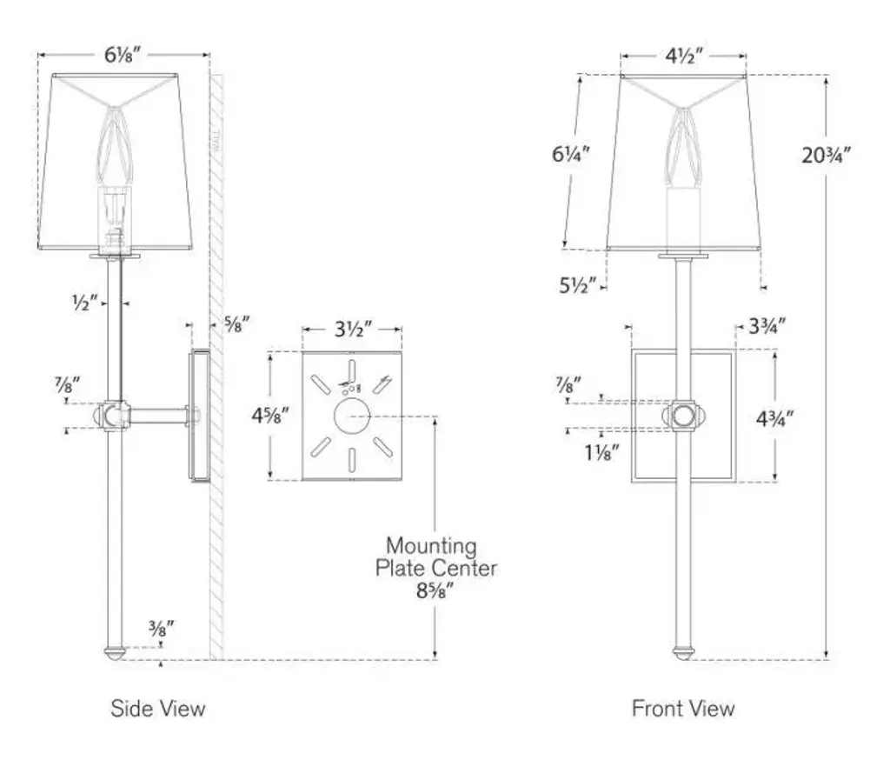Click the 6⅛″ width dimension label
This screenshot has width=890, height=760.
[x=124, y=54]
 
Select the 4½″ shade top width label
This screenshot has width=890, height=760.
[x=684, y=57]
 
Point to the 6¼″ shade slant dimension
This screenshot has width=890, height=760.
[x=571, y=155]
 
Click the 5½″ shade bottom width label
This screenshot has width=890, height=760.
[x=576, y=283]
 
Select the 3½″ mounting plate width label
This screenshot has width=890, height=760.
[x=353, y=330]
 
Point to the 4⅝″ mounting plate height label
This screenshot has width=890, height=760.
[x=269, y=415]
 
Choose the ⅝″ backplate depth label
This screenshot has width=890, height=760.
[x=236, y=324]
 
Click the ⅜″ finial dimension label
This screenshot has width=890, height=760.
[x=162, y=626]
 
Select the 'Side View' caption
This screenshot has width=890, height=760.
[x=158, y=709]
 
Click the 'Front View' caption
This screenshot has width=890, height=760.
[x=683, y=709]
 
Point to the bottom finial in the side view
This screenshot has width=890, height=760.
[x=114, y=651]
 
